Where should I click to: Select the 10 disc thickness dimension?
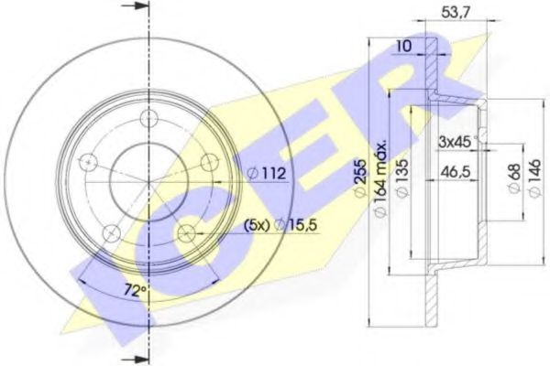(x=404, y=47)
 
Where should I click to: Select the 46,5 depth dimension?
(x=451, y=171)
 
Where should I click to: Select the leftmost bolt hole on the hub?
(x=88, y=163)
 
